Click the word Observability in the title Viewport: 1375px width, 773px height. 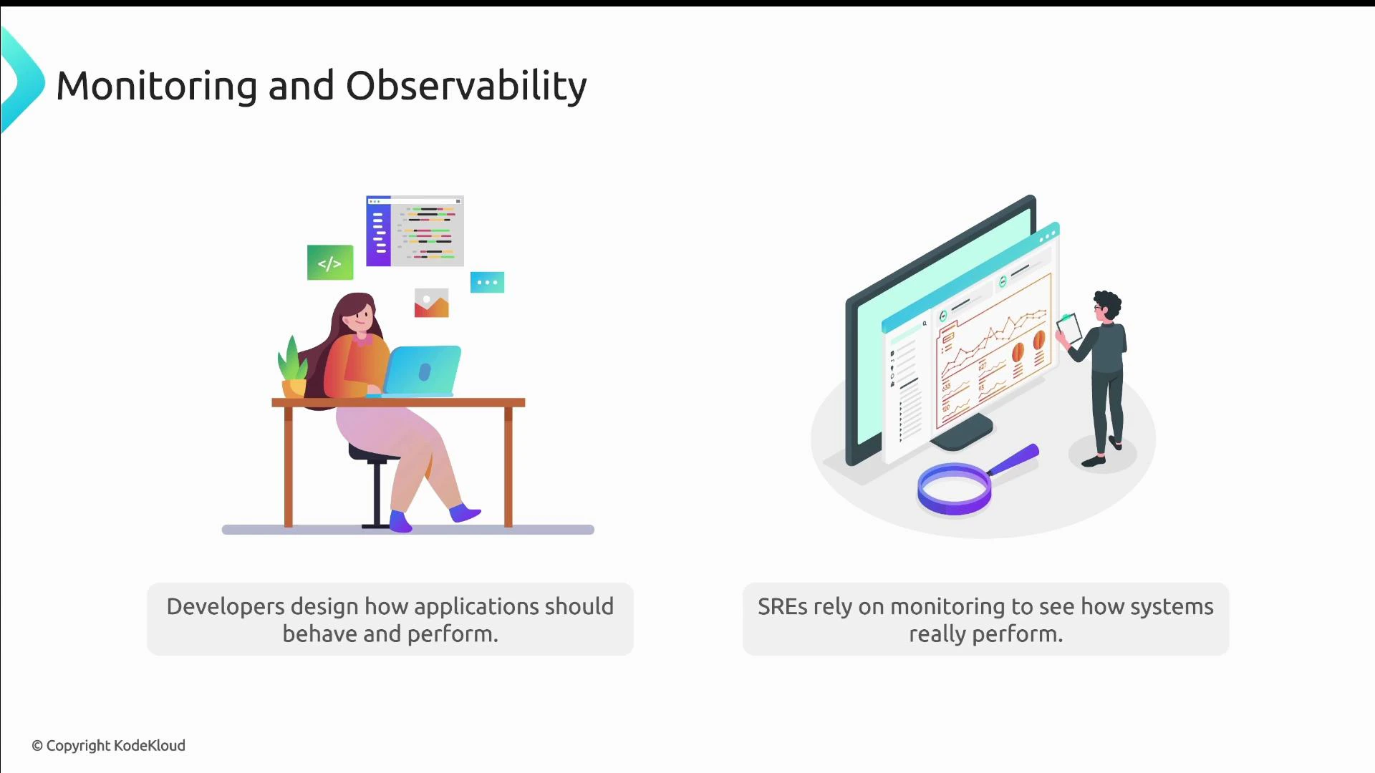(466, 86)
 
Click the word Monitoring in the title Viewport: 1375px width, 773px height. (156, 86)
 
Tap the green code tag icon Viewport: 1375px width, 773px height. (330, 263)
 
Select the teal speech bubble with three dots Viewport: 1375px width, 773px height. (487, 282)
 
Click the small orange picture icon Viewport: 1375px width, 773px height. (431, 303)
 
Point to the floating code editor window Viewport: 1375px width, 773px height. (415, 231)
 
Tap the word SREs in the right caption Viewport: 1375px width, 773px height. (782, 606)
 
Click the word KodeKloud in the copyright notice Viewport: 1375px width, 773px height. (150, 746)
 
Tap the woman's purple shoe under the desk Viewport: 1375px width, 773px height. (400, 521)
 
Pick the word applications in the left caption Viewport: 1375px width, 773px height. (476, 606)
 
